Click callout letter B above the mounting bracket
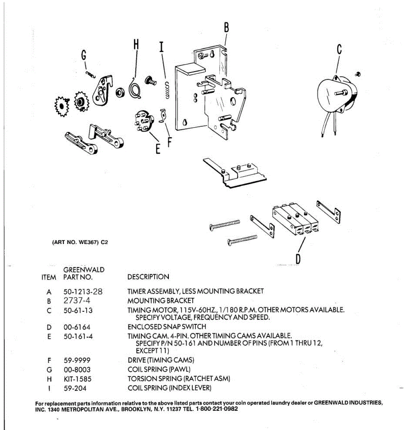coord(226,28)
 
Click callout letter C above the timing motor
coord(339,49)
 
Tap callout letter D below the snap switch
coord(298,258)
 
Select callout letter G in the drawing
coord(84,56)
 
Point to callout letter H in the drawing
coord(136,44)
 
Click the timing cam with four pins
coord(144,121)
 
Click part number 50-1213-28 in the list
coord(83,292)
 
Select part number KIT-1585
coord(77,379)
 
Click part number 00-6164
coord(77,327)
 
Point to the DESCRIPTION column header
coord(148,277)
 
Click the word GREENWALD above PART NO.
coord(84,269)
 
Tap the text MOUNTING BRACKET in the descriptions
coord(161,301)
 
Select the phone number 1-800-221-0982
coord(217,409)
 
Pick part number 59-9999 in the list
coord(77,360)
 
